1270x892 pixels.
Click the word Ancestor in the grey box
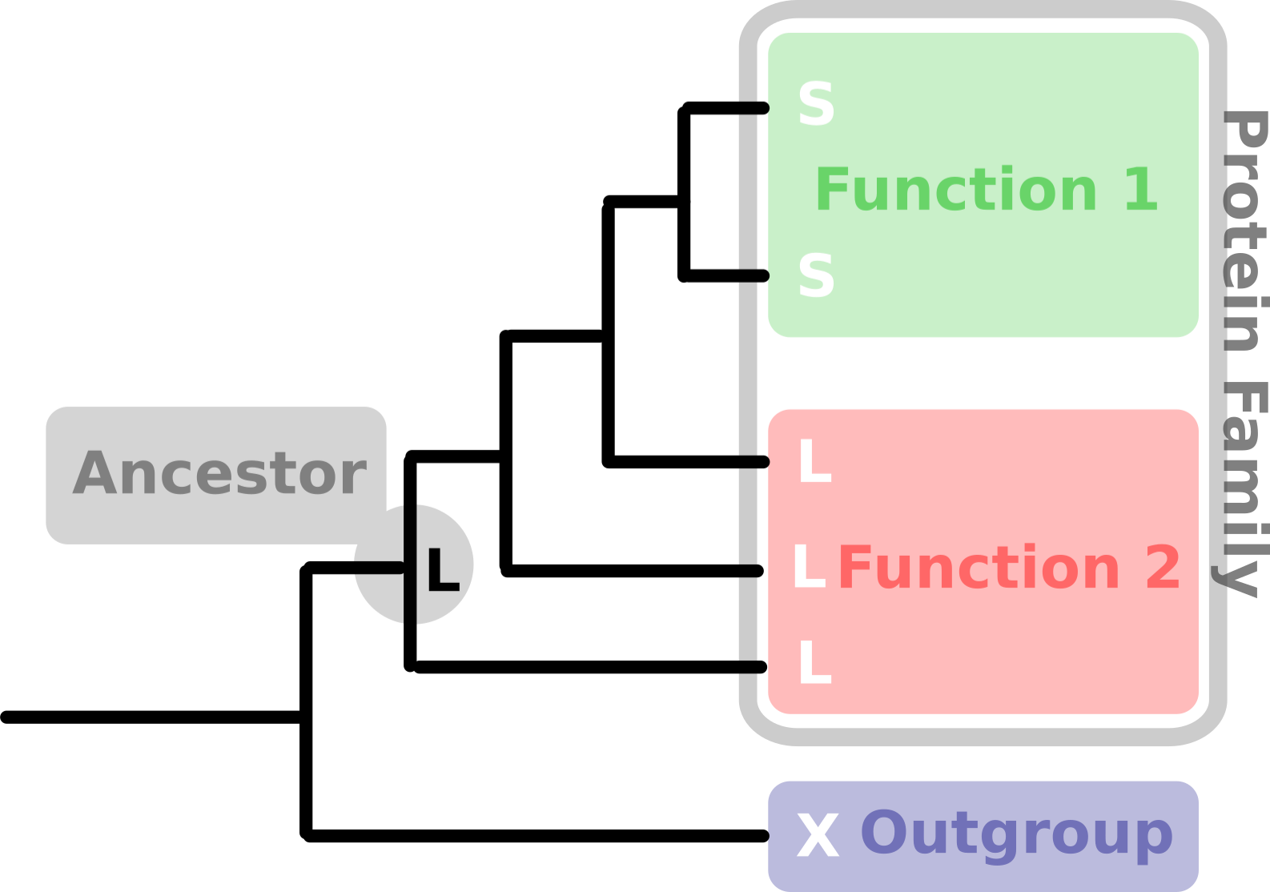(x=219, y=472)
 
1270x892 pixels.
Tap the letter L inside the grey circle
(x=443, y=569)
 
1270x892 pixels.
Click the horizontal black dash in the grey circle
(x=380, y=567)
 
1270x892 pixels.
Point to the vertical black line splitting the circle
(x=410, y=564)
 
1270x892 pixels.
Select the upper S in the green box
(x=816, y=104)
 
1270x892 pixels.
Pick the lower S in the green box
(x=816, y=275)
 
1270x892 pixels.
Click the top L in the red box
(x=815, y=460)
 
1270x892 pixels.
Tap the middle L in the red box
(x=809, y=566)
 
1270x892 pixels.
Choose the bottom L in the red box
(x=815, y=662)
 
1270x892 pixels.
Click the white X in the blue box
(x=818, y=835)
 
